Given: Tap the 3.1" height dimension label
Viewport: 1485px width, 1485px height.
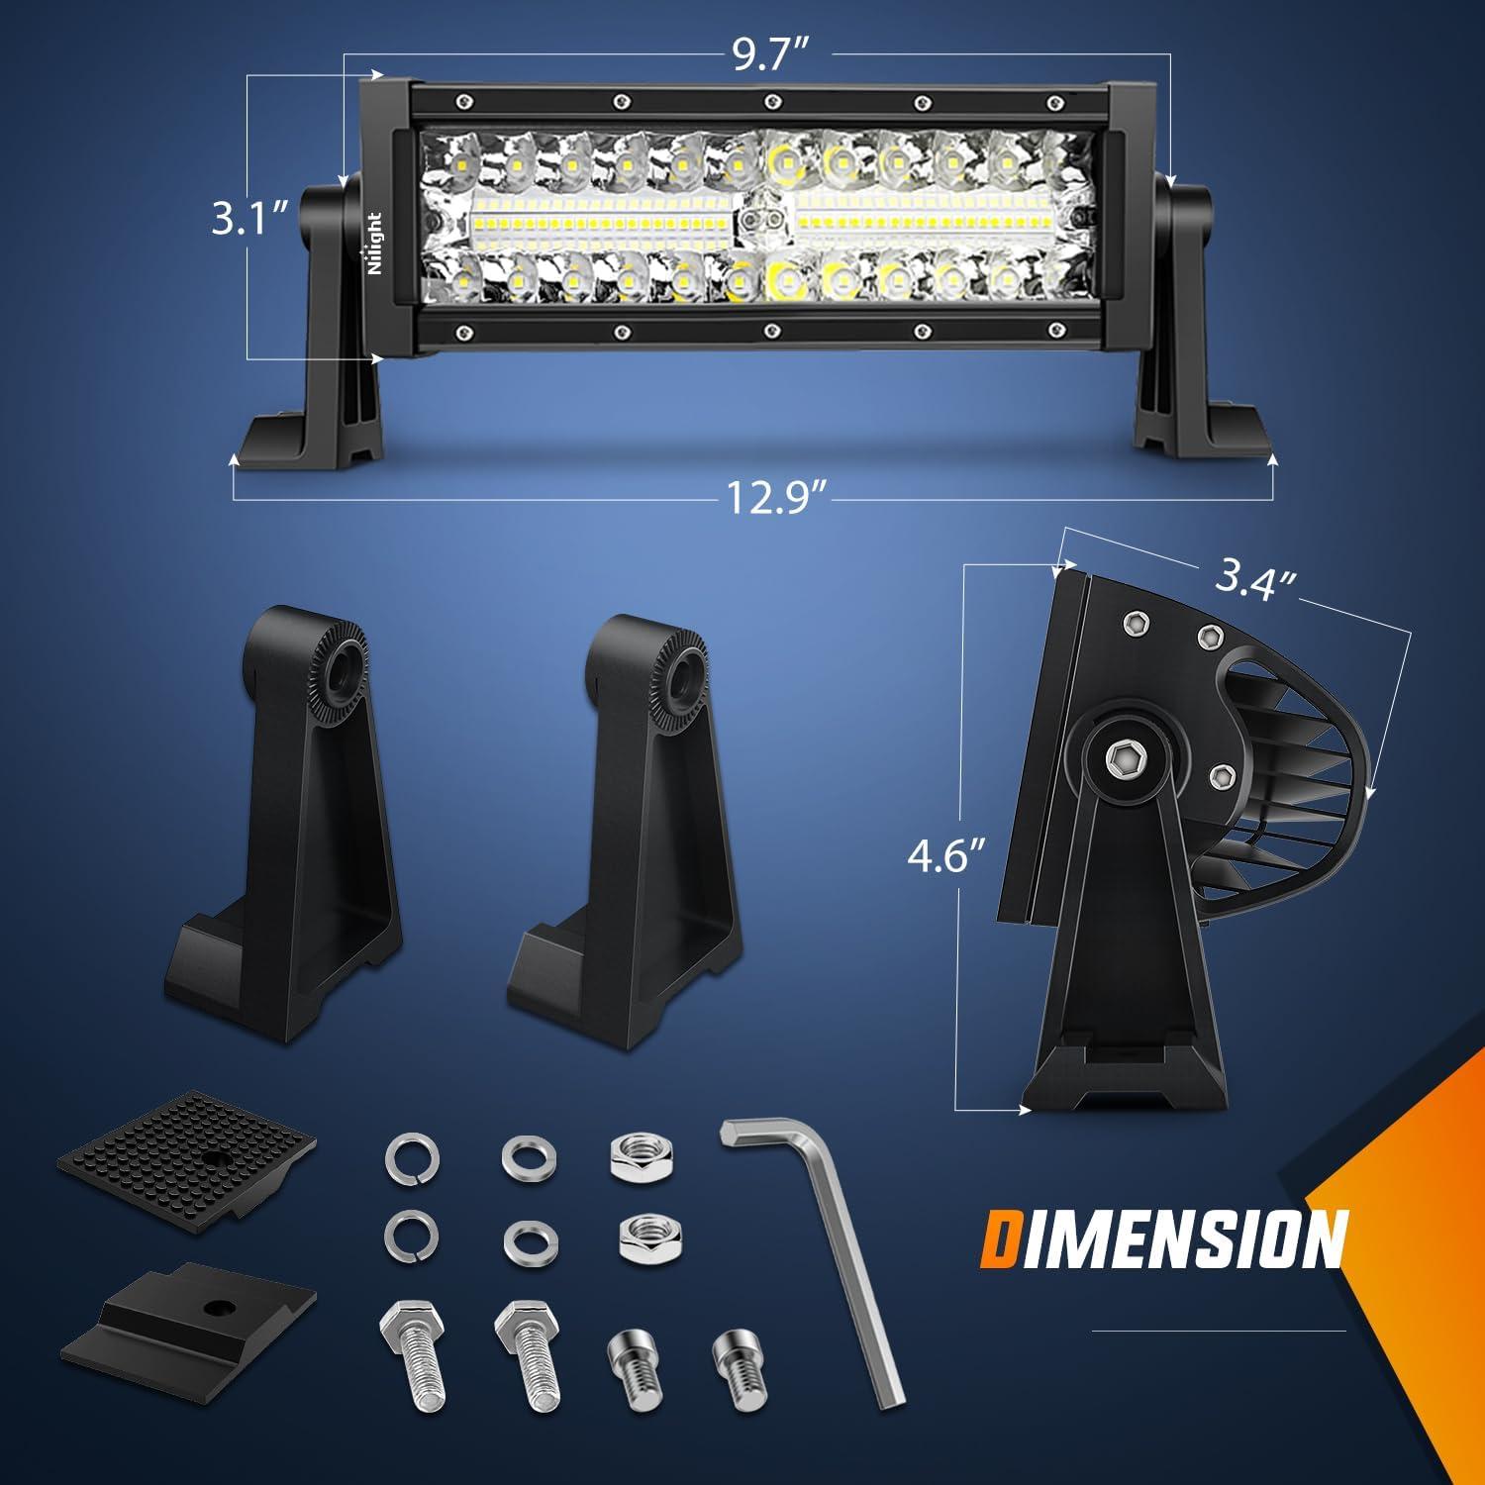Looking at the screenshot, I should pos(249,219).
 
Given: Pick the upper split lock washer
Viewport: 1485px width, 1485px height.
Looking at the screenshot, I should pos(410,1155).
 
